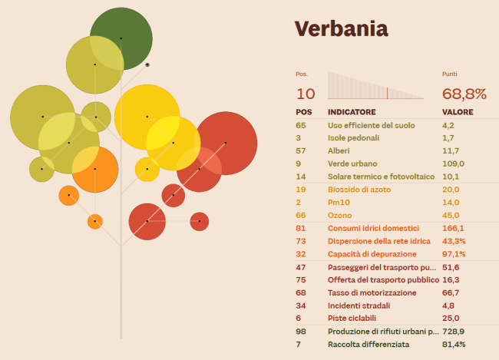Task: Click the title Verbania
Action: [342, 28]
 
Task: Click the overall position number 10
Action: [306, 94]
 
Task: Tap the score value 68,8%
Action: [464, 94]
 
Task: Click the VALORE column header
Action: [458, 112]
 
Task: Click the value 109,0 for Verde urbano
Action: [454, 163]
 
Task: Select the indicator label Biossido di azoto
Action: [364, 190]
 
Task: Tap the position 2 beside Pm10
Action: [298, 203]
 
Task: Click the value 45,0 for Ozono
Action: [451, 216]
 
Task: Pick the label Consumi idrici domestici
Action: [375, 228]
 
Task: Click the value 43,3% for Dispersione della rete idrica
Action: [454, 241]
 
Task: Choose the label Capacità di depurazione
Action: [371, 254]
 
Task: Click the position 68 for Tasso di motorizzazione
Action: [300, 292]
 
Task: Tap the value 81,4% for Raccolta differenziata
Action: [454, 344]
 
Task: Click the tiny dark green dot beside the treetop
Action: [147, 64]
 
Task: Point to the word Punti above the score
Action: [450, 74]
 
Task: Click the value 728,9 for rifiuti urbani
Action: [454, 331]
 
